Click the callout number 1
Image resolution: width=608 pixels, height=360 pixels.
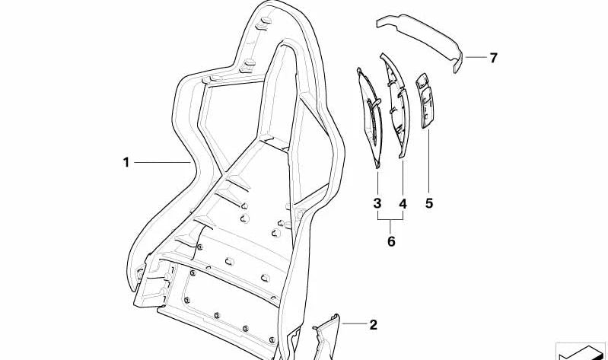(126, 162)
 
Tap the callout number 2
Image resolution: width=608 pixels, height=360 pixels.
(373, 325)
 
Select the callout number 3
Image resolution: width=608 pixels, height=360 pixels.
(377, 203)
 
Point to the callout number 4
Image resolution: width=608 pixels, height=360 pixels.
(403, 203)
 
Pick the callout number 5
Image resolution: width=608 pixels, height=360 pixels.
(429, 203)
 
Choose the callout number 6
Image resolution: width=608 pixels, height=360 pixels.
(391, 241)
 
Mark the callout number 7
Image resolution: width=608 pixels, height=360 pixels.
(493, 58)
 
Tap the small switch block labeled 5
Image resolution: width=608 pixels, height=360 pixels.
(425, 100)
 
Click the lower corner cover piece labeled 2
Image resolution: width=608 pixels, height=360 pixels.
(326, 337)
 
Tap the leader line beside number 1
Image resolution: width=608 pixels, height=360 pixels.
(163, 162)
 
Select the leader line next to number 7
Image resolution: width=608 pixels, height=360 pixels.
(476, 57)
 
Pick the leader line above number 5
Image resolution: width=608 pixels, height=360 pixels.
(429, 161)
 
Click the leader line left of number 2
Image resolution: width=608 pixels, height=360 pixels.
(354, 323)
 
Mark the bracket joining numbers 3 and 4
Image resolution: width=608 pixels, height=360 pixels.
(390, 219)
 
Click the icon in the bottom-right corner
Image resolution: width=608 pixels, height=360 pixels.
(581, 352)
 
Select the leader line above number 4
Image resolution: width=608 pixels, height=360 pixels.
(403, 176)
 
